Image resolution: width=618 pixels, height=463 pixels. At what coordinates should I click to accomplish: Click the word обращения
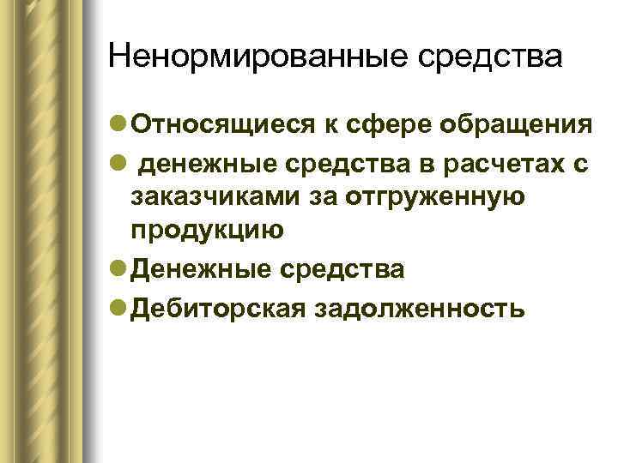(515, 125)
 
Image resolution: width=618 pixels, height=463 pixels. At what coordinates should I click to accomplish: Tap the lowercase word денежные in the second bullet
(204, 163)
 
